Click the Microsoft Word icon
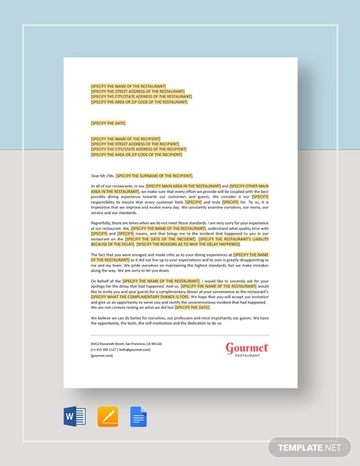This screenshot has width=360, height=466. click(74, 417)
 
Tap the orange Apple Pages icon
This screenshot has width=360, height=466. click(107, 417)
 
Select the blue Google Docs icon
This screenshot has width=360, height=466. click(138, 417)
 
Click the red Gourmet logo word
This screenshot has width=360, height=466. click(247, 348)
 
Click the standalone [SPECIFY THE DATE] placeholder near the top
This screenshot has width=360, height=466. click(109, 123)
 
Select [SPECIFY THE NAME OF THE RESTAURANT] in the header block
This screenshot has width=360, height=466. click(128, 86)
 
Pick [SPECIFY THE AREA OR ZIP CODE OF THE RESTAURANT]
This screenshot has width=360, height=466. click(139, 102)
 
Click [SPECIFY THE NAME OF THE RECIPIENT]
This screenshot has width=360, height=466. click(126, 139)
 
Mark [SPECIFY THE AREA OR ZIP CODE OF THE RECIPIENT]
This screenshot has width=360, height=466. click(137, 155)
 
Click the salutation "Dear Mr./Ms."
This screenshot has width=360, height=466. click(102, 175)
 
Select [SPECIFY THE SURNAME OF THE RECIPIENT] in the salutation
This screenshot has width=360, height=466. click(154, 175)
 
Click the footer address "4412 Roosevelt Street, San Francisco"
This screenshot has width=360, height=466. click(126, 344)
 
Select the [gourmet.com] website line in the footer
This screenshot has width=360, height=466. click(101, 356)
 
